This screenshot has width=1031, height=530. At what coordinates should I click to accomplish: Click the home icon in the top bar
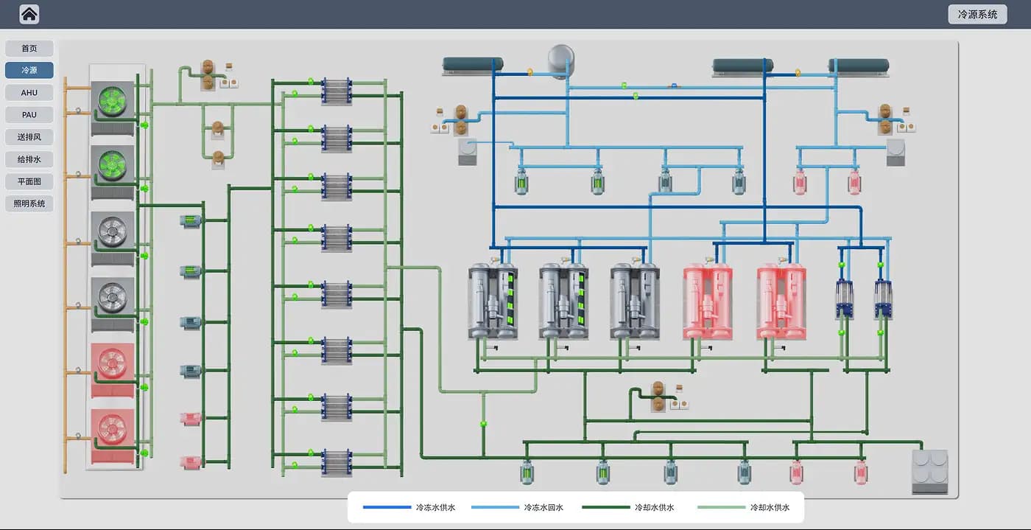tap(29, 14)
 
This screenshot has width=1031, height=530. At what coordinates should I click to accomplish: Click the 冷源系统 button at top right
tap(977, 14)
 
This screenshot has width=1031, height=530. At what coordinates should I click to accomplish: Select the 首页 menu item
tap(29, 49)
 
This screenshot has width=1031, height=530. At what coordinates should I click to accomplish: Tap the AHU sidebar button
tap(29, 93)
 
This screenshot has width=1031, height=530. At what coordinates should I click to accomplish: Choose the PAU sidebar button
tap(29, 115)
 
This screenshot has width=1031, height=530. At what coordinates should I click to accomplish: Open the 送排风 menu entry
tap(29, 137)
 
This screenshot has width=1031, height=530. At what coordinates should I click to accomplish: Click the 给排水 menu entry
tap(29, 159)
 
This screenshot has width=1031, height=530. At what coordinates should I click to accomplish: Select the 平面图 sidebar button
tap(29, 181)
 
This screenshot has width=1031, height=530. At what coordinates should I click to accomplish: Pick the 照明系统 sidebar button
tap(29, 203)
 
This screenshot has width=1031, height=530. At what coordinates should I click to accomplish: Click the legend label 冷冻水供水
tap(435, 507)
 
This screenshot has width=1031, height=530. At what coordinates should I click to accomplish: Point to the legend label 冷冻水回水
tap(543, 507)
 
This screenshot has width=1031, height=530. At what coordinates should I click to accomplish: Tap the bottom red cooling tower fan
tap(112, 428)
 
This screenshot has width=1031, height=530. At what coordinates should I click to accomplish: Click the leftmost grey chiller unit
tap(493, 301)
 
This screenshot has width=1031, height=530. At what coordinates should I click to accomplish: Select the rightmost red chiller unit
tap(781, 301)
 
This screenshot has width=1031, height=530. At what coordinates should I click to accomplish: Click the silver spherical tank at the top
tap(561, 60)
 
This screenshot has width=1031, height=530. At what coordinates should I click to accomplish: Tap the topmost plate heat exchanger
tap(337, 91)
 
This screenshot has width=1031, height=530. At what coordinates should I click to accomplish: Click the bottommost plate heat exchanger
tap(337, 463)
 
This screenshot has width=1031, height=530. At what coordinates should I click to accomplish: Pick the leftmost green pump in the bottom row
tap(527, 473)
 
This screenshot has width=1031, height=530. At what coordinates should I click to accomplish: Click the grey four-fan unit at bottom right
tap(929, 472)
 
